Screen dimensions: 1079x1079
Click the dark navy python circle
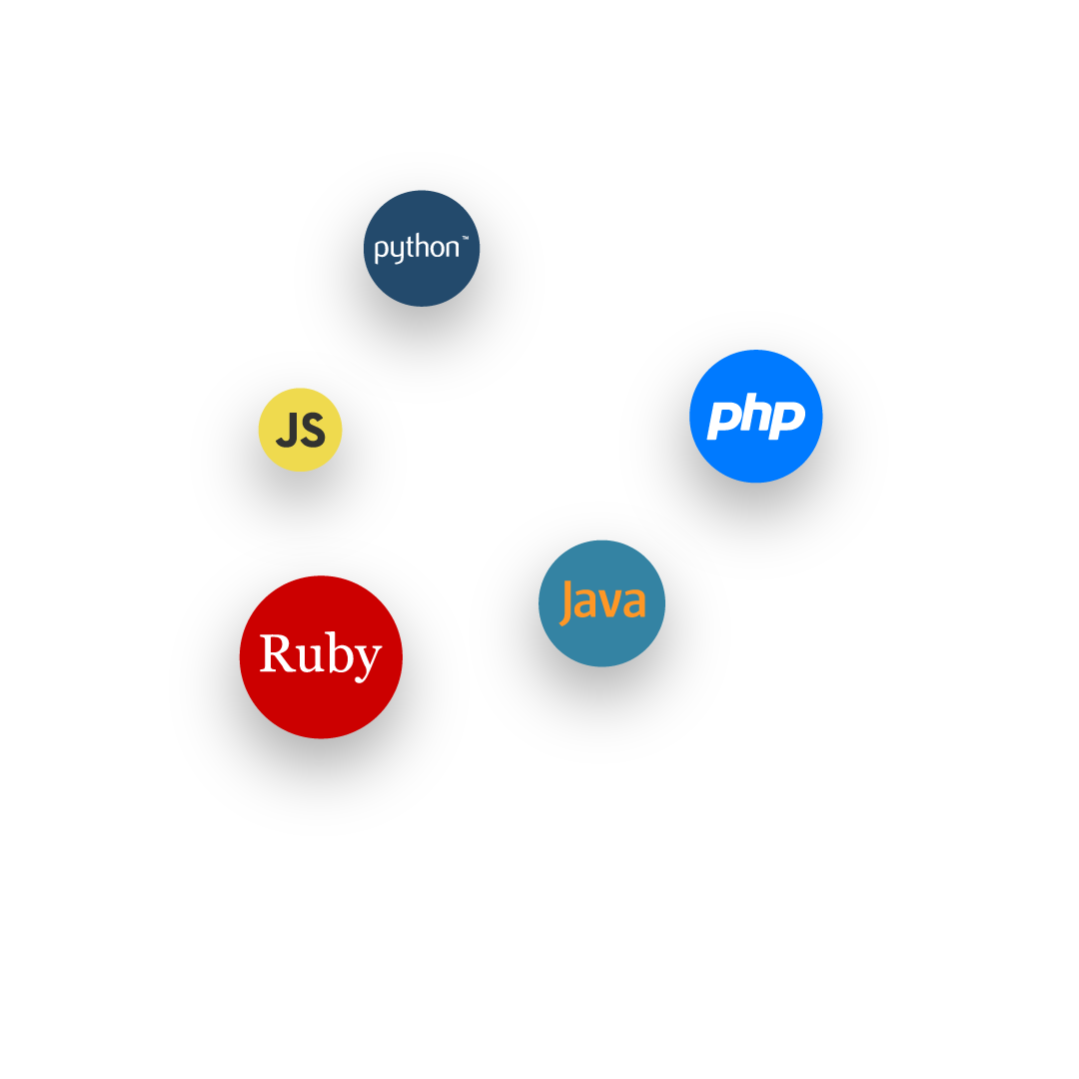(422, 249)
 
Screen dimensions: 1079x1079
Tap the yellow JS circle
(300, 430)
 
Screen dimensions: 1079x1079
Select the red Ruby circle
(321, 657)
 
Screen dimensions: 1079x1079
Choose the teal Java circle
(602, 603)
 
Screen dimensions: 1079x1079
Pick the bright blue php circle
(756, 417)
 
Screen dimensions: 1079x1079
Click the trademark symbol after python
(466, 238)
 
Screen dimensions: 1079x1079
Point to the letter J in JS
(287, 430)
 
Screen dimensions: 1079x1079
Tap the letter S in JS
(313, 430)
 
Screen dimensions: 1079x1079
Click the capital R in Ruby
(278, 652)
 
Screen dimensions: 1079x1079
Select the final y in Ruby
(368, 661)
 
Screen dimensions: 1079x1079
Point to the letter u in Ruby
(311, 656)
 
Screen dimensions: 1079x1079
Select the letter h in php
(757, 413)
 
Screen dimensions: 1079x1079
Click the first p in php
(724, 419)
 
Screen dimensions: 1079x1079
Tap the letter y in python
(395, 251)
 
